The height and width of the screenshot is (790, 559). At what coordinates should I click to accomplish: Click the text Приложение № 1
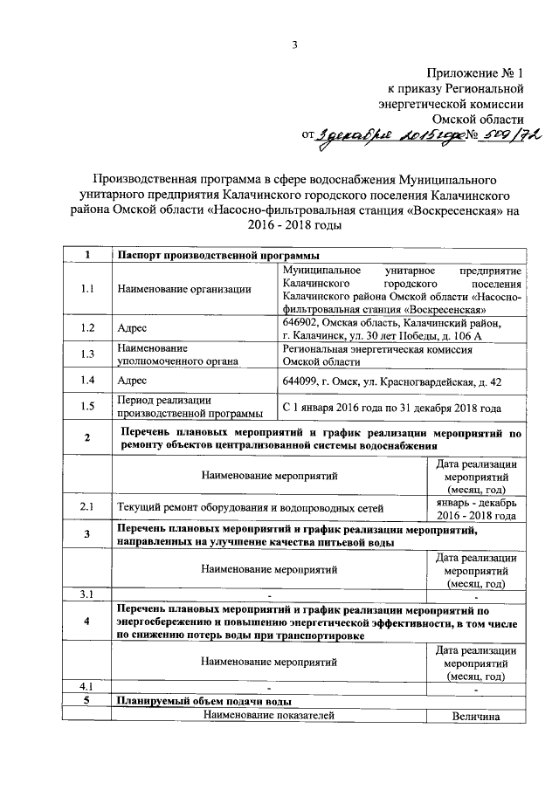(476, 73)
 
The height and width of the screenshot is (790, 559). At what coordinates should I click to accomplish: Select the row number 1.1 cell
(86, 290)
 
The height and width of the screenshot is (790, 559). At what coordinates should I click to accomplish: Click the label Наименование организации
(183, 290)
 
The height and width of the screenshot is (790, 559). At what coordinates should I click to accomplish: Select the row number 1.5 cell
(86, 406)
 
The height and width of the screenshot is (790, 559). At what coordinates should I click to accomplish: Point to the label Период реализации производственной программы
(189, 406)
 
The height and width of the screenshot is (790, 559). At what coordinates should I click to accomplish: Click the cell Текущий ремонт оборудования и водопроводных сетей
(261, 506)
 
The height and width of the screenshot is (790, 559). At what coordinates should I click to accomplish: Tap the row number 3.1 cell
(86, 594)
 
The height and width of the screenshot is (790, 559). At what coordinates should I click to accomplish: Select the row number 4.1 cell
(86, 687)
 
